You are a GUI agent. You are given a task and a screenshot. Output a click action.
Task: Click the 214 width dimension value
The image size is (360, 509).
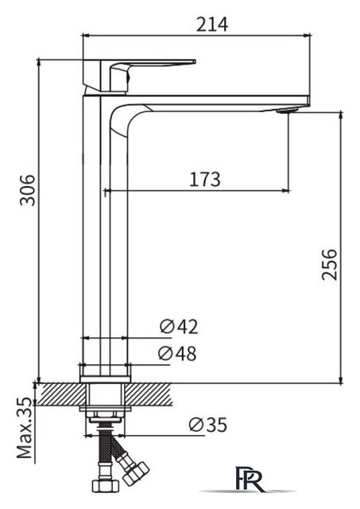(x=212, y=24)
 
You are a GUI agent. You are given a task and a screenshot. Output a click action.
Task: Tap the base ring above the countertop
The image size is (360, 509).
(x=105, y=371)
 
